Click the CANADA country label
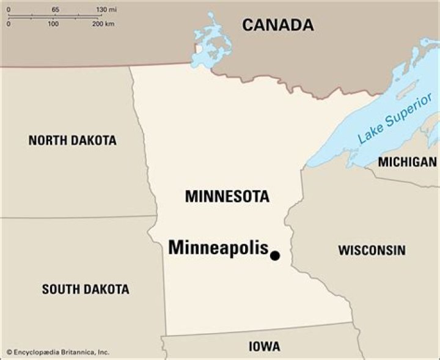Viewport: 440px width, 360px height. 277,25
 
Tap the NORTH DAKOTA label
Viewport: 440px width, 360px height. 72,141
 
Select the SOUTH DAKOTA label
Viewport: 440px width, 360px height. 86,289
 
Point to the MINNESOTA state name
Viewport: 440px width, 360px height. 227,197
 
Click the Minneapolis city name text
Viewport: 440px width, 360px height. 218,248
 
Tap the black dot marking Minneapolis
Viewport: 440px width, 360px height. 275,255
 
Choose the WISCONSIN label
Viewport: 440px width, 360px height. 372,250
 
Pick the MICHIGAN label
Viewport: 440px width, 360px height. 407,162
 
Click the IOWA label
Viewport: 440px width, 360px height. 265,347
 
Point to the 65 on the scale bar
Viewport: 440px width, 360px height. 56,10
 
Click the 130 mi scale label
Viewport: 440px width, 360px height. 106,10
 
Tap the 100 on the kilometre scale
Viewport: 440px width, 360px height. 53,24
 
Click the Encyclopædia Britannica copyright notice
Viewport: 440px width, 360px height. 57,352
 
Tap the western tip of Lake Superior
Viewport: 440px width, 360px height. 310,164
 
